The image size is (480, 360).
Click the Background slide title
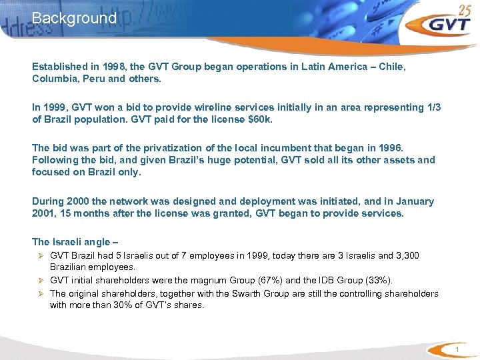point(74,18)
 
